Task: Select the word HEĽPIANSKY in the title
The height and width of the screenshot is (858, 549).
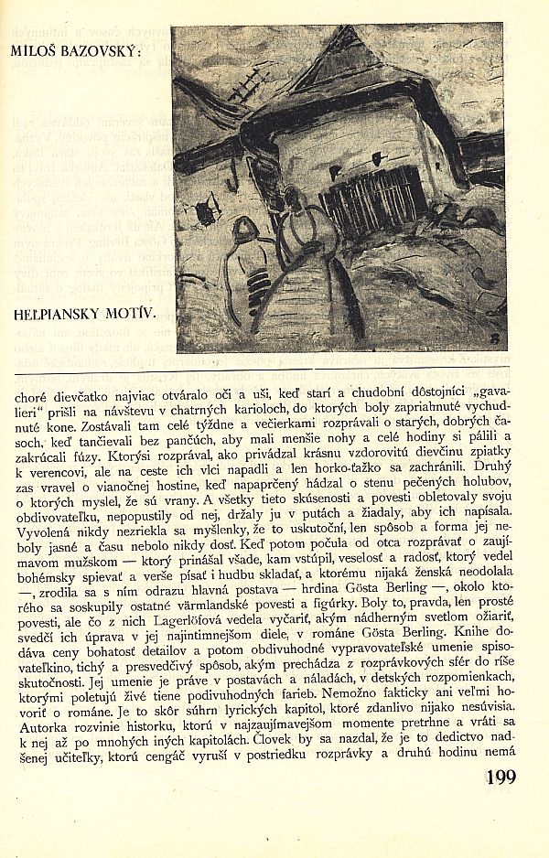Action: pos(61,314)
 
